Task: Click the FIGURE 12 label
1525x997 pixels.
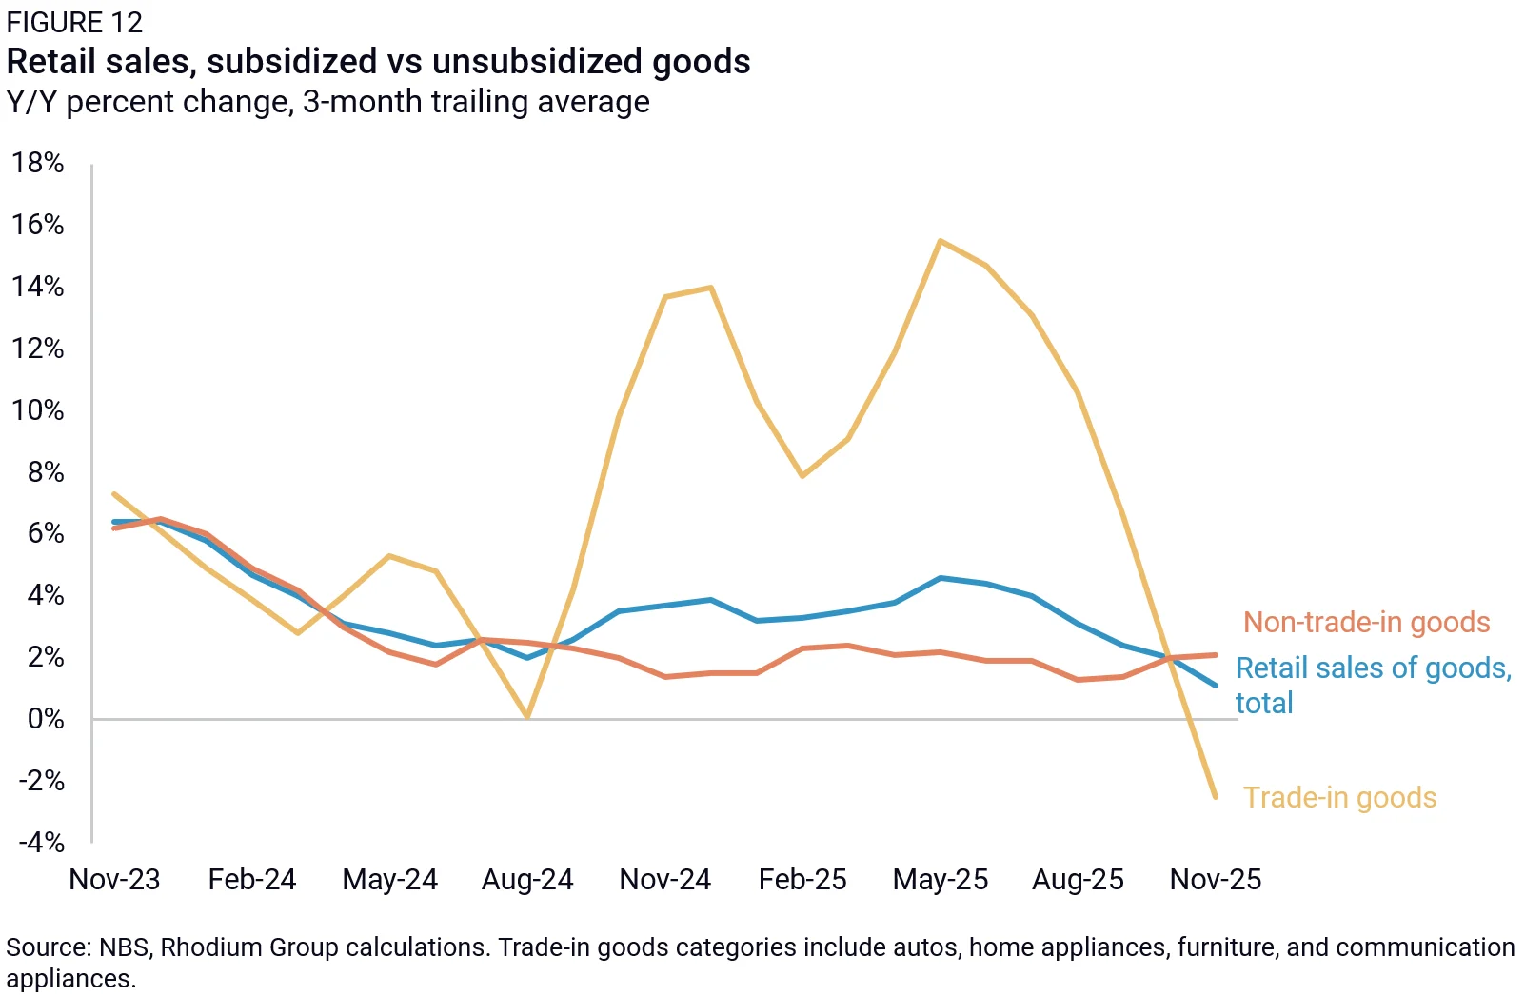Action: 74,23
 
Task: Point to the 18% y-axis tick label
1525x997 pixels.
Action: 37,163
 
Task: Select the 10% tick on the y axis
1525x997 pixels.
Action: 37,410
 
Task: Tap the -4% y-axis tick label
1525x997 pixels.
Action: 42,843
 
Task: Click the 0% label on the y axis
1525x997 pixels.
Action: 47,719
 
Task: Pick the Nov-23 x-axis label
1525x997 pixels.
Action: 114,880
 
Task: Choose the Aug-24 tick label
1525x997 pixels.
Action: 527,880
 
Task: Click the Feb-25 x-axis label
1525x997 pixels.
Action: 802,880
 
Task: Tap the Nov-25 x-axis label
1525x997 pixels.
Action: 1216,880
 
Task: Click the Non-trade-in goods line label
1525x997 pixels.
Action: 1367,623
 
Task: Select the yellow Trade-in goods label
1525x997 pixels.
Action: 1339,797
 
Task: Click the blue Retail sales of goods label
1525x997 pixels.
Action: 1374,685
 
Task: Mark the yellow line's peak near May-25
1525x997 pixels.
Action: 941,240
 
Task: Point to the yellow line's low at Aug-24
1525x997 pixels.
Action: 527,716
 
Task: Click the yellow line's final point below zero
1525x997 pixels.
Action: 1216,797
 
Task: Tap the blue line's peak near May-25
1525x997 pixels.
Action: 941,578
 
